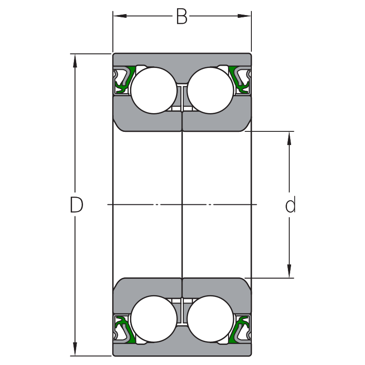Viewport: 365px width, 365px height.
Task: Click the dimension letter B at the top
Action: (182, 17)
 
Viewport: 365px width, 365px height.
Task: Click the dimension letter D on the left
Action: (77, 205)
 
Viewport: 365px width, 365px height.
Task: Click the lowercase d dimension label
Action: (290, 205)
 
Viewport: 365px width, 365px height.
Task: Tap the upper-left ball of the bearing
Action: (154, 90)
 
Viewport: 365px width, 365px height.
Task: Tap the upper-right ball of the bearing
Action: (210, 90)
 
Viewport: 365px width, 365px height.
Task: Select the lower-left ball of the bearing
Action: (154, 319)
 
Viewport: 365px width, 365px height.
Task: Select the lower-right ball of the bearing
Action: (210, 319)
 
